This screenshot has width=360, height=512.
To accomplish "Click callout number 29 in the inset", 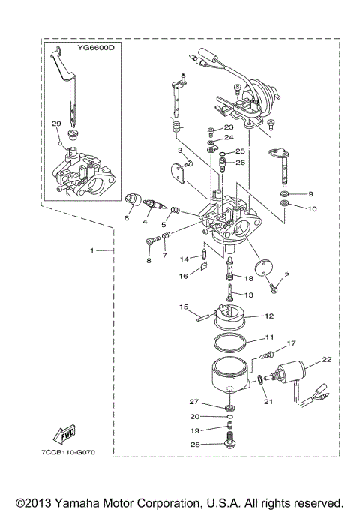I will click(55, 124).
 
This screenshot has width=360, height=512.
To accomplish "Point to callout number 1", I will click(92, 248).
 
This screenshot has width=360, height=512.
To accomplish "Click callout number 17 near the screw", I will click(292, 343).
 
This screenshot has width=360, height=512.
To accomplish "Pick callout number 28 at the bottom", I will click(193, 444).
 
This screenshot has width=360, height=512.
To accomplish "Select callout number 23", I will click(229, 127).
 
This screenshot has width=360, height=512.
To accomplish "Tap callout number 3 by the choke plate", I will click(181, 151).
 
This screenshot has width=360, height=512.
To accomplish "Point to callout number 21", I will click(268, 402).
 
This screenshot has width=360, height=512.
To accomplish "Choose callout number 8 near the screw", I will click(148, 260).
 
